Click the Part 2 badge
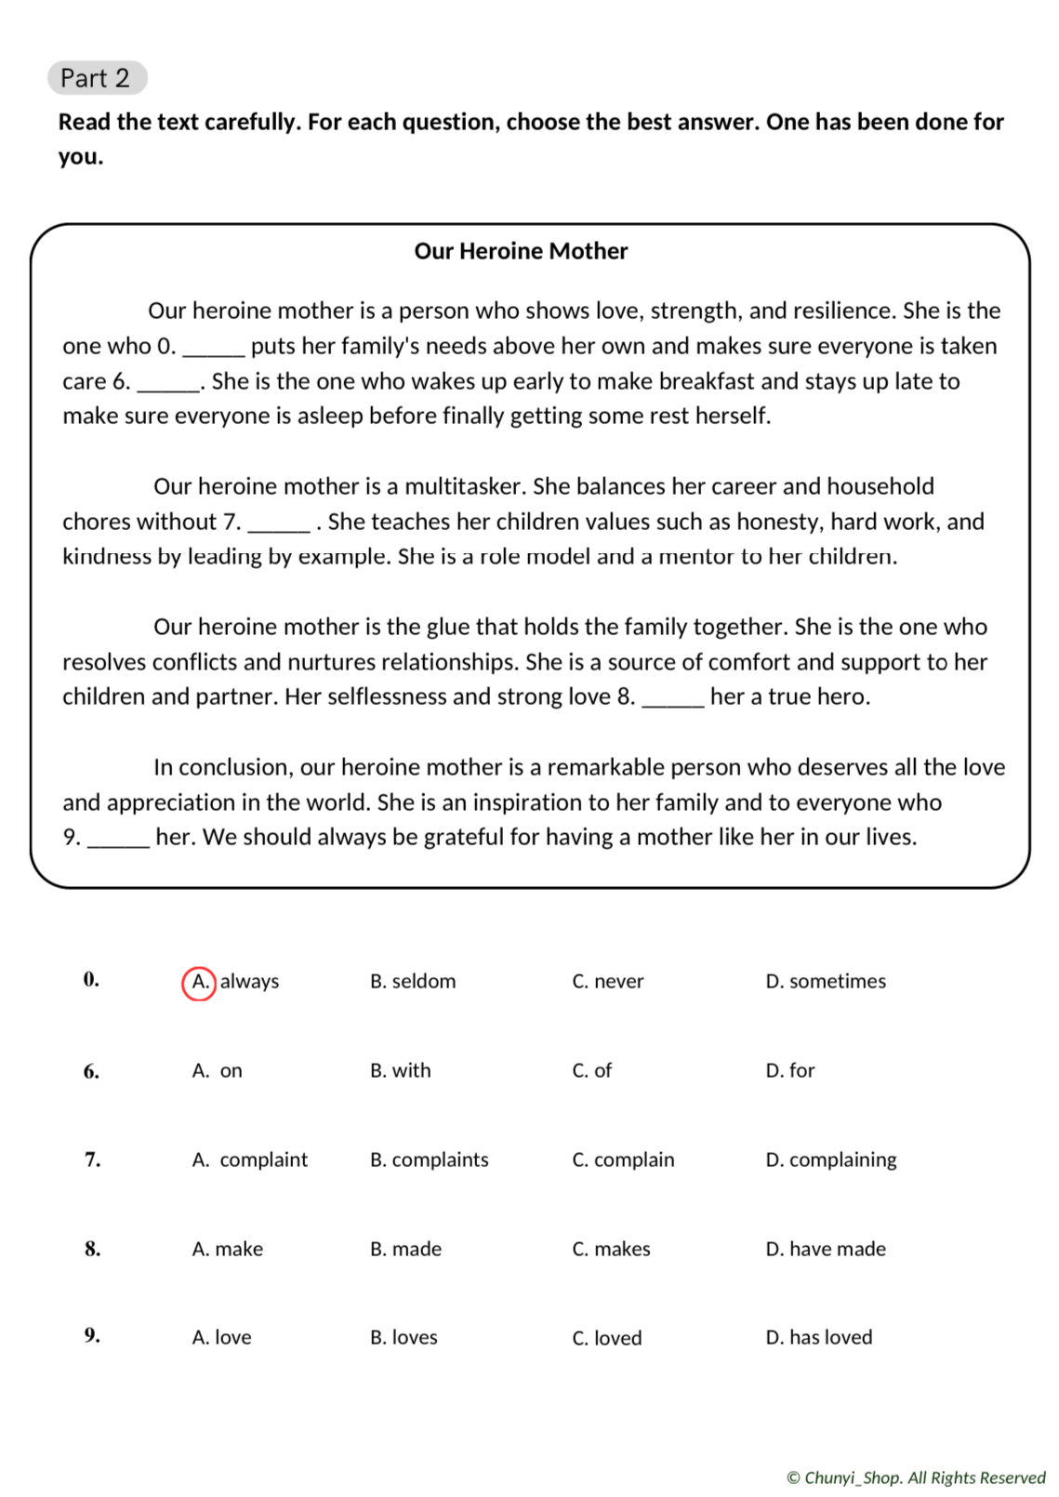[97, 78]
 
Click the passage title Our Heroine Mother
[521, 251]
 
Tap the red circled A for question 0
[199, 982]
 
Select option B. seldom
[413, 981]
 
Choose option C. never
[607, 981]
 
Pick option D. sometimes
[825, 981]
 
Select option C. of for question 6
[591, 1070]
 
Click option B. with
[400, 1070]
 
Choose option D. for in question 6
[789, 1070]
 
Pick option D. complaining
[830, 1159]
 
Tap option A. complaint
[249, 1159]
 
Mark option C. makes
[611, 1249]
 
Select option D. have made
[825, 1249]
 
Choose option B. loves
[404, 1337]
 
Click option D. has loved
[818, 1337]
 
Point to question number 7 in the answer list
[92, 1159]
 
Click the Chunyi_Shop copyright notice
[915, 1477]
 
